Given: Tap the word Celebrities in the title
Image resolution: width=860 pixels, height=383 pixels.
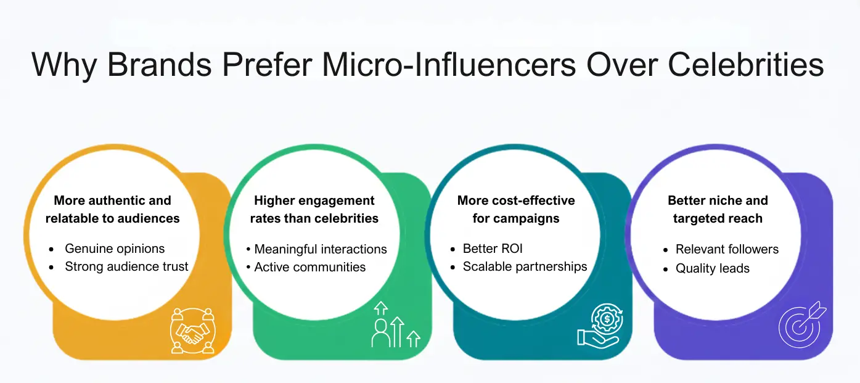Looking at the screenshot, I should coord(727,64).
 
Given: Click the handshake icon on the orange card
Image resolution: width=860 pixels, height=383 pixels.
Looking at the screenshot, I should coord(192,331).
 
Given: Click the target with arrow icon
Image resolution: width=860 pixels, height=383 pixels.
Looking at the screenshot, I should coord(801,325).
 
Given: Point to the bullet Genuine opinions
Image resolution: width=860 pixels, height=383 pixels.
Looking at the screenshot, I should coord(115,249).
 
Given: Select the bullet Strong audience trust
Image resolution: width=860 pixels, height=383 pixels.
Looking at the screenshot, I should coord(126,267).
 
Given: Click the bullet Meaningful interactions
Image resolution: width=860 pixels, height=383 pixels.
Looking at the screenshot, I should coord(321,249).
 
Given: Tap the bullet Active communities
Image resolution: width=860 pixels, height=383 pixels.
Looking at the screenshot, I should coord(309,267).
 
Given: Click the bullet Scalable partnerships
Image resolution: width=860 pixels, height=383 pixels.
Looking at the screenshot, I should coord(525,267).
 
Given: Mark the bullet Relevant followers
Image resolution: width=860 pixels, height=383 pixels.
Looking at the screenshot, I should coord(727,249).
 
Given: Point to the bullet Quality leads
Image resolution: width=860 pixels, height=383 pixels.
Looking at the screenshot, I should coord(712,268).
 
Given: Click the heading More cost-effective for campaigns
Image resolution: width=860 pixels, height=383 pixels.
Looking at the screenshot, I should coord(516,209).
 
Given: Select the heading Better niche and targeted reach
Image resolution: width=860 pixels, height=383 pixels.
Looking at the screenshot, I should coord(718,209).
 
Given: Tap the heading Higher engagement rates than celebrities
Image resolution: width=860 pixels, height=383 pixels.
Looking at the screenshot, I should coord(314,209).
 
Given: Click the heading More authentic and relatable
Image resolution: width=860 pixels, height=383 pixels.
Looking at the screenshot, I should coord(112,209).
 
